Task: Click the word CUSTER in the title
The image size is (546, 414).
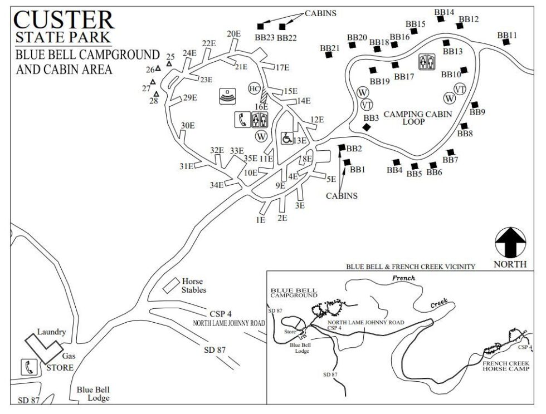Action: pos(64,19)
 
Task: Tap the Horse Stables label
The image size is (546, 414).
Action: pos(193,285)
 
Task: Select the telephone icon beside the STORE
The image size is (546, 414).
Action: pos(28,367)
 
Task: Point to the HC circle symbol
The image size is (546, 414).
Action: pos(254,89)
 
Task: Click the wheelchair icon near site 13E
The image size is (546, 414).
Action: pos(287,137)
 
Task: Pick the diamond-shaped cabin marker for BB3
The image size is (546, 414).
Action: pos(366,127)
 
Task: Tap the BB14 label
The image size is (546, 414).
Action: pos(444,12)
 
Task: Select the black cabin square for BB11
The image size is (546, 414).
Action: pos(505,42)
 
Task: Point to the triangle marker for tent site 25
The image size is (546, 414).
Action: pos(169,64)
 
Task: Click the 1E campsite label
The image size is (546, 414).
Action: pos(260,220)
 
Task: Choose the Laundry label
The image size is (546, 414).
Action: pos(51,332)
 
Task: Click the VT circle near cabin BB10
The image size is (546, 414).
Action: pos(460,89)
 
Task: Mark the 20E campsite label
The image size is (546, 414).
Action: pos(234,33)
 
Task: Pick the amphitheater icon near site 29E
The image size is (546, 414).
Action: pos(228,95)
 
